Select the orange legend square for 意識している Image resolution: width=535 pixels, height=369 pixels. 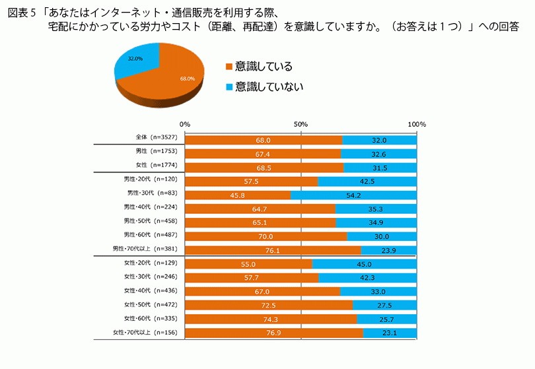(x=229, y=67)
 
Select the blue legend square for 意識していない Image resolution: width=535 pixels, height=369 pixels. (x=229, y=86)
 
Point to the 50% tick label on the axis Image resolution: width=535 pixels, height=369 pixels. (x=301, y=124)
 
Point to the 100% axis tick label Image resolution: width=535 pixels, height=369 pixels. (x=417, y=124)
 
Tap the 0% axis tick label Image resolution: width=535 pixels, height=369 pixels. (x=185, y=124)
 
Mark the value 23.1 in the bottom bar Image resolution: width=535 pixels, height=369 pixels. (x=389, y=333)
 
